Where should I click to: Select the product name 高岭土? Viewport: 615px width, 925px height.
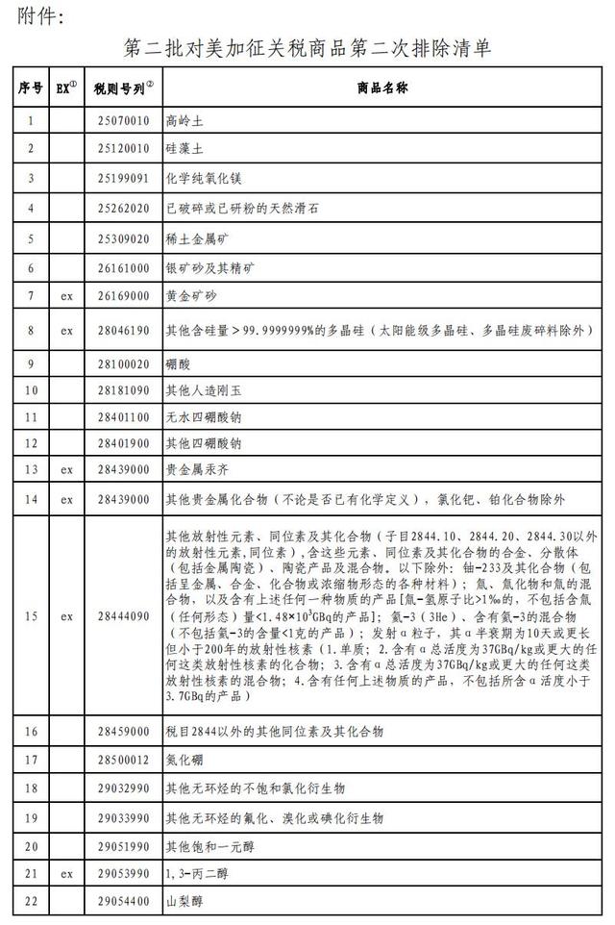click(185, 121)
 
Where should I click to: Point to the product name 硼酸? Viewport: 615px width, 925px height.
click(179, 363)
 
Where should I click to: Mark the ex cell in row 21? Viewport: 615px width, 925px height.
click(66, 875)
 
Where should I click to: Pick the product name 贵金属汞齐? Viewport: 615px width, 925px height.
click(191, 470)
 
